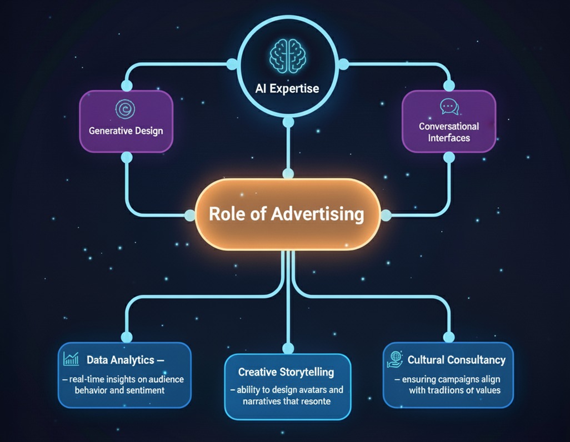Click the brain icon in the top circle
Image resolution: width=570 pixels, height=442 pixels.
click(288, 53)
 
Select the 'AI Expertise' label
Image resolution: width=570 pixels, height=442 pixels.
click(288, 88)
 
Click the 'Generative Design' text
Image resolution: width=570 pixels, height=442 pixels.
click(126, 132)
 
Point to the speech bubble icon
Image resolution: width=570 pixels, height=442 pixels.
click(448, 107)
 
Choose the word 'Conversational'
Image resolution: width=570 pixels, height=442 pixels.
click(448, 126)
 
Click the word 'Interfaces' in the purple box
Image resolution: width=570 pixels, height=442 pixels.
click(448, 138)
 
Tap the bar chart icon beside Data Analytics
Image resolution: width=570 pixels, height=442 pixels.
click(71, 359)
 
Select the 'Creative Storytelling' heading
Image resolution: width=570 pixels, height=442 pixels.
click(286, 372)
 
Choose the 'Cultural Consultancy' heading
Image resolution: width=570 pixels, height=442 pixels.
click(457, 360)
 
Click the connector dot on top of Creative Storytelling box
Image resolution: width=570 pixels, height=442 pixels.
click(288, 349)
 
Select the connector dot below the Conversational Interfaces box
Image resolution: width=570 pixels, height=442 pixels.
click(449, 158)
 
